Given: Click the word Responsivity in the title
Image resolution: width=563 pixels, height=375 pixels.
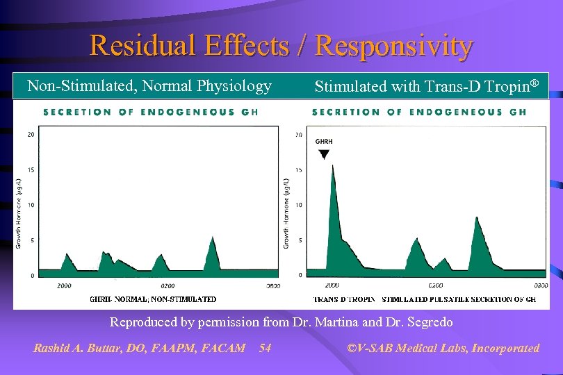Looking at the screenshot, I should (394, 46).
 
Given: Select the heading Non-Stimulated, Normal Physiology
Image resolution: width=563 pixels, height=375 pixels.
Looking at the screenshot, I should (149, 86).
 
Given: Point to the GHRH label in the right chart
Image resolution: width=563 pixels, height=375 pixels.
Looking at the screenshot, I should (324, 142).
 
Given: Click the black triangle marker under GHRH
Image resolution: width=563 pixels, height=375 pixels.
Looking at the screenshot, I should (324, 154).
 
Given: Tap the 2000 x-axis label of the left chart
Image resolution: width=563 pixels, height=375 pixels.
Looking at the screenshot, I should (63, 285).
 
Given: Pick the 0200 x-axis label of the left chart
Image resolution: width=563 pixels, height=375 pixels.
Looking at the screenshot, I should (168, 285).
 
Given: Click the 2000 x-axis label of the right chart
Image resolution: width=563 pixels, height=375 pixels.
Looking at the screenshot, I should (332, 285).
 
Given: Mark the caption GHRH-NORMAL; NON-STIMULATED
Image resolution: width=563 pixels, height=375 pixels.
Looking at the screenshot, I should (153, 299).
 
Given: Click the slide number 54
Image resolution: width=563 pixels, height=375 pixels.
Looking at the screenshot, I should (265, 348).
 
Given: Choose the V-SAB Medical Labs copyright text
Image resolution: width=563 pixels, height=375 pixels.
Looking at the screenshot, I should (443, 348).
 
